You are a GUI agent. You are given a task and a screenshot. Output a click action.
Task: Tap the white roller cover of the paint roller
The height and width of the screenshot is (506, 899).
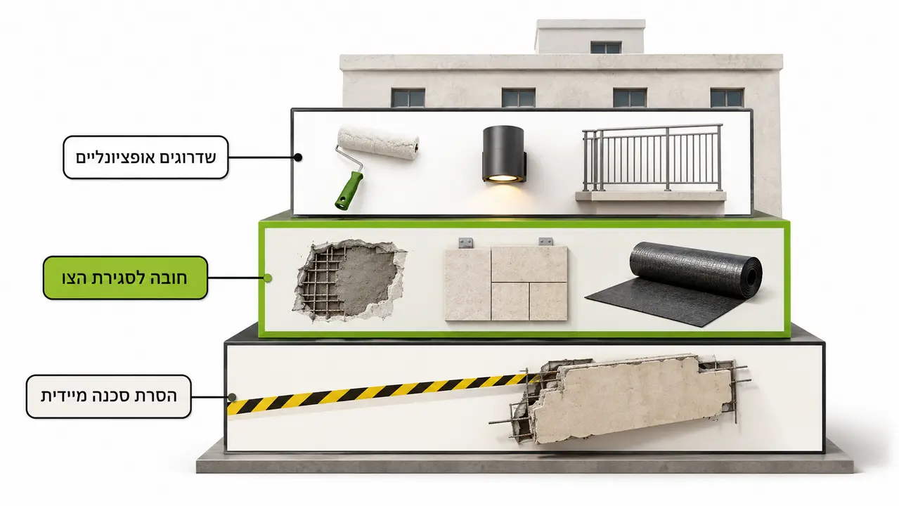point(378,143)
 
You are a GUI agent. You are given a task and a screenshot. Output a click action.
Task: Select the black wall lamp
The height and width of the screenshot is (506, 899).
point(505,155)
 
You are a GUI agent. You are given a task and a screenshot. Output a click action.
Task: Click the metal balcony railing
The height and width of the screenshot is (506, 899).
point(652,157)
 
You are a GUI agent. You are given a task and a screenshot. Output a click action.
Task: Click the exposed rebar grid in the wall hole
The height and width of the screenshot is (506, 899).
point(321,281)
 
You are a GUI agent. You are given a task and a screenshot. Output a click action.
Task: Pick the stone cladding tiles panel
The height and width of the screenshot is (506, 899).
point(506,283)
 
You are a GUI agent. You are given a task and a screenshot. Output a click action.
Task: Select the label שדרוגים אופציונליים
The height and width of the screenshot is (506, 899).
point(145,157)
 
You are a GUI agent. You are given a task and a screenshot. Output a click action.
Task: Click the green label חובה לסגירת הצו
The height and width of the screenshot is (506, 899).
point(125,278)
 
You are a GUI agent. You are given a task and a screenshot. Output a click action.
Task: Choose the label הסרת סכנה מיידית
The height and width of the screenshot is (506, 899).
point(109,396)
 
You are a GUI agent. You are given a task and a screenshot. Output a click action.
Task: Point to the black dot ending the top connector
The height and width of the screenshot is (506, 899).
point(298,157)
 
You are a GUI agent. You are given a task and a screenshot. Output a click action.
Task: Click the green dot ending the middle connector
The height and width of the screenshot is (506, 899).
point(268,278)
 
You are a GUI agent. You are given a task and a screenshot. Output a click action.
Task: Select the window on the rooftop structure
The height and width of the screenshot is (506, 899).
point(606,47)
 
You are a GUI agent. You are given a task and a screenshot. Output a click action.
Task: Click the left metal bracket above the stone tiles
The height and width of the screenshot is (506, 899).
point(465,242)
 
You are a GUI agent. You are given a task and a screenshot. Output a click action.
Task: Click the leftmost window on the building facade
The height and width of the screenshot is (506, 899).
point(408,98)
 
